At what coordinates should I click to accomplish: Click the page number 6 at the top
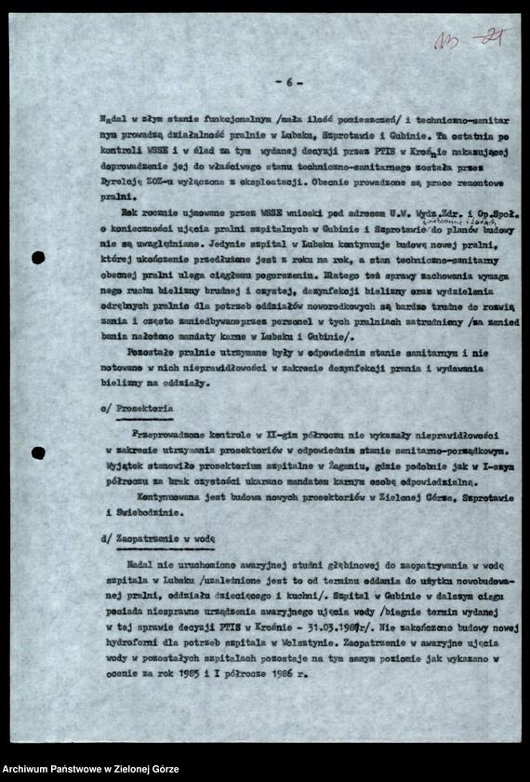pyautogui.click(x=288, y=83)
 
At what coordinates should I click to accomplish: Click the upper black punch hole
pyautogui.click(x=38, y=258)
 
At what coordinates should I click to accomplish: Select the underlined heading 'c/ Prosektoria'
pyautogui.click(x=136, y=408)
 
